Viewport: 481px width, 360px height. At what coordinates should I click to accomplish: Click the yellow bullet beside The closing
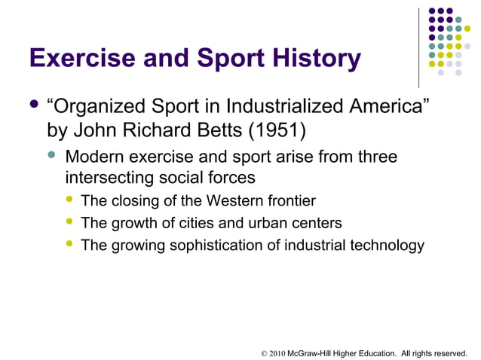[70, 200]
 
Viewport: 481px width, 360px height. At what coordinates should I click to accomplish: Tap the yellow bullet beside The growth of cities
[70, 222]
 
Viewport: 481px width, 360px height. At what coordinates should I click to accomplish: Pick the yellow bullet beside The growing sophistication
[70, 245]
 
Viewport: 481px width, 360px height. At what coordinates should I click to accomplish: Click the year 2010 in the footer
[277, 351]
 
